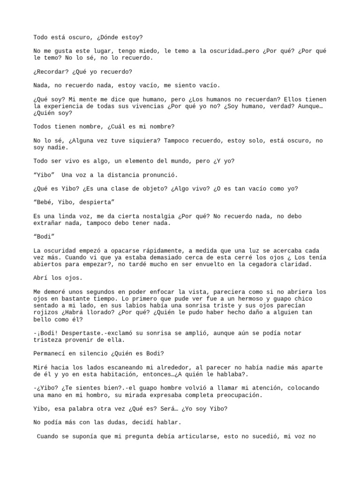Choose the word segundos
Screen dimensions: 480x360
[105, 292]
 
